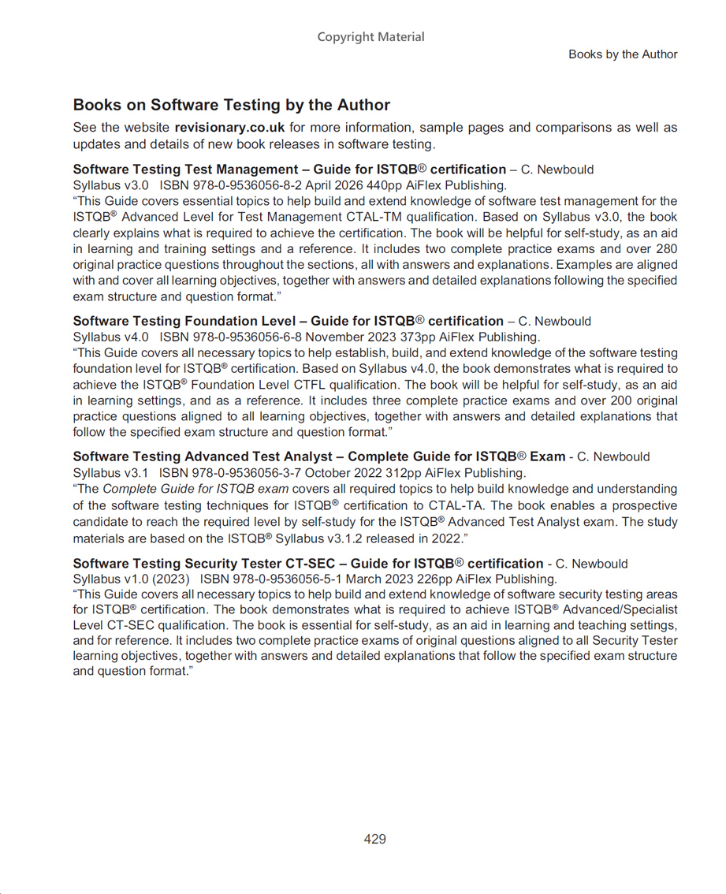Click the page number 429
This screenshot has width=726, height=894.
tap(374, 840)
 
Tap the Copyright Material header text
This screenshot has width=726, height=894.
tap(370, 37)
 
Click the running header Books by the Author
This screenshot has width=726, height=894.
tap(623, 54)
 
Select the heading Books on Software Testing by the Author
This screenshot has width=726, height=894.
tap(231, 105)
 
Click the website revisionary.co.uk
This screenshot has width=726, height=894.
tap(229, 128)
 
